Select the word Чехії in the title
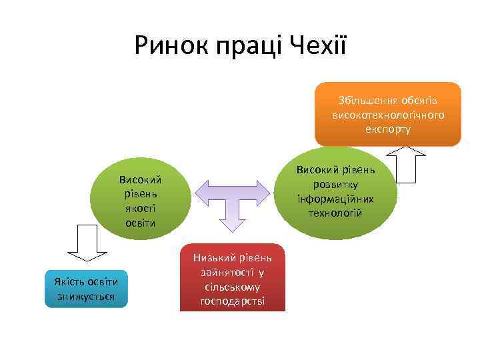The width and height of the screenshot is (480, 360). click(x=319, y=46)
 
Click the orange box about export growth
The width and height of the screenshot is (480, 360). click(x=388, y=113)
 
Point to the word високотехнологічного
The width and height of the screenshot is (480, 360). click(x=388, y=114)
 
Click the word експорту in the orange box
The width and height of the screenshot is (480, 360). click(x=388, y=128)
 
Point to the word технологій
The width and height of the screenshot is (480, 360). click(x=335, y=213)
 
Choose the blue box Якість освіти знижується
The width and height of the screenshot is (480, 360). click(x=85, y=289)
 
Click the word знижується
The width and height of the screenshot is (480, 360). click(x=85, y=296)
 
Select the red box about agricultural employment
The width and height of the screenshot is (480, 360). click(x=232, y=279)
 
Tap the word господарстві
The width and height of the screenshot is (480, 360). click(x=232, y=301)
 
